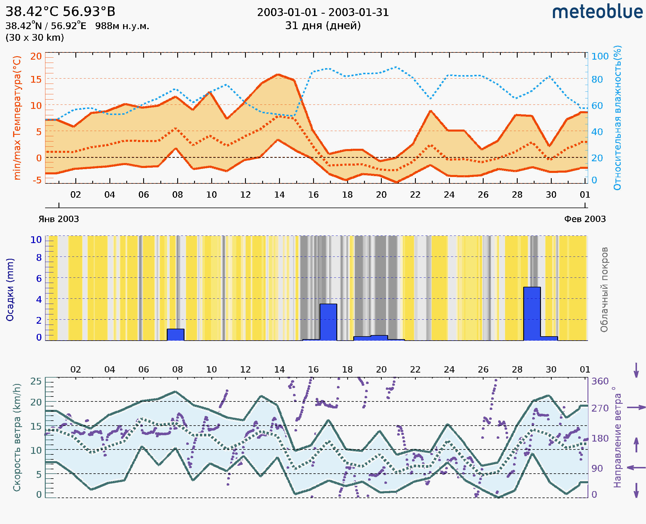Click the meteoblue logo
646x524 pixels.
[597, 12]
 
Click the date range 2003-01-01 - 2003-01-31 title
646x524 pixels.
[323, 13]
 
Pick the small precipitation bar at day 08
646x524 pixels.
[175, 334]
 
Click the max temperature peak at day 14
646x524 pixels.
[278, 75]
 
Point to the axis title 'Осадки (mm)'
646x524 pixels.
[10, 290]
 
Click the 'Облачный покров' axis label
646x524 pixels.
[604, 290]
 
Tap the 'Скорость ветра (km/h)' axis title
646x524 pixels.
[17, 437]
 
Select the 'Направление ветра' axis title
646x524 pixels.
[618, 437]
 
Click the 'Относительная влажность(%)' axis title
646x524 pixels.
[618, 118]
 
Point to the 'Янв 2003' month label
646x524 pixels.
[58, 219]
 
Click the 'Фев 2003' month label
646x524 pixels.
[585, 219]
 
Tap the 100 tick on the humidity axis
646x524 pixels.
[600, 56]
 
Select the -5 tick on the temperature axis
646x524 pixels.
[37, 180]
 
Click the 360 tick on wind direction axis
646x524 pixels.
[600, 381]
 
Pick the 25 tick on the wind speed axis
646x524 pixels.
[36, 381]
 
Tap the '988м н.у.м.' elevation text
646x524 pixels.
[122, 26]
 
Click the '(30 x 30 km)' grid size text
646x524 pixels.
[35, 38]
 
